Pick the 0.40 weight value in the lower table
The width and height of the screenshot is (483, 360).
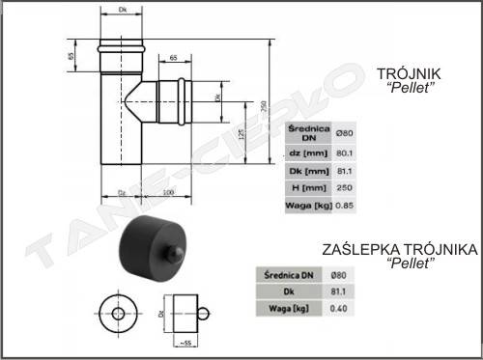tap(338, 307)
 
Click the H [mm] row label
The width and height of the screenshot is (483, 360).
tap(310, 186)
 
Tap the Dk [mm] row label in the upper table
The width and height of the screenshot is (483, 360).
tap(310, 169)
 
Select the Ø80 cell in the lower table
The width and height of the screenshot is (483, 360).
tap(338, 274)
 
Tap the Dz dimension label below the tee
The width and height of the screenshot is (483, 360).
tap(122, 194)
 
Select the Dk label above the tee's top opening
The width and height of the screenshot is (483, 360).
tap(121, 12)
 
